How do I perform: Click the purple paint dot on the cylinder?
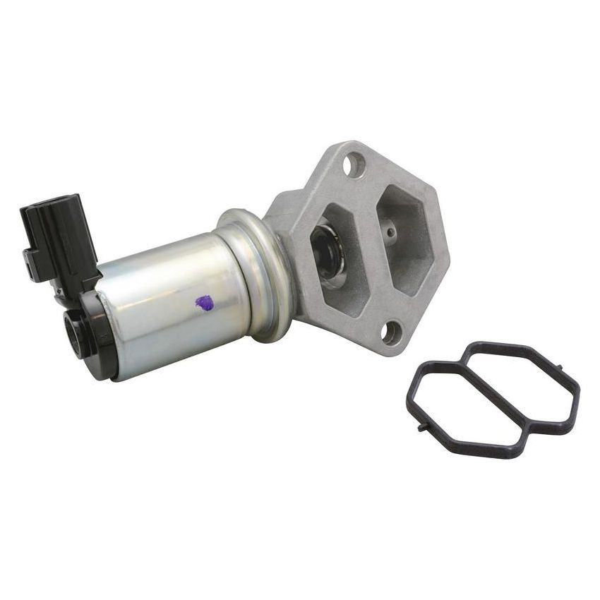[x=204, y=303]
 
